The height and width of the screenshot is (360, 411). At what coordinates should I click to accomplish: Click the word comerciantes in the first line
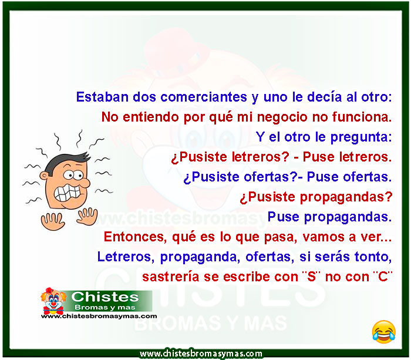pos(204,97)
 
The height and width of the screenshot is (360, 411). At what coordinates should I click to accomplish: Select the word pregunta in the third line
pos(361,137)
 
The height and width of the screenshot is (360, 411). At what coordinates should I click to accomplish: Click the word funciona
pos(362,117)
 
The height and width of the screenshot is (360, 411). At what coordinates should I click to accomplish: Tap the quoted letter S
pos(311,277)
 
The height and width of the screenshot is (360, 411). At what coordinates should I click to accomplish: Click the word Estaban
pos(102,97)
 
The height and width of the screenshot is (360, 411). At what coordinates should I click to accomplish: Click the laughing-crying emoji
pos(384,332)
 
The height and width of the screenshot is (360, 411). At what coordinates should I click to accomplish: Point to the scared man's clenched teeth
pos(67,193)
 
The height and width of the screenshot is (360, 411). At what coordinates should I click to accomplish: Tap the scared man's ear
pos(44,176)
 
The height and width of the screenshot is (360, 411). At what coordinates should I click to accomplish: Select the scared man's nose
pos(85,183)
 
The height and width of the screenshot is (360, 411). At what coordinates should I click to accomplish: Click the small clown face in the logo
pos(53,301)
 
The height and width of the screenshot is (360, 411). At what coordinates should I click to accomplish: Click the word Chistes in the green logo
pos(105,297)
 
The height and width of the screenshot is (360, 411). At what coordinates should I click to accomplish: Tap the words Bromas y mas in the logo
pos(105,307)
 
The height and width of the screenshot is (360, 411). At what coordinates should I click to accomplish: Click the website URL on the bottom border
pos(201,354)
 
